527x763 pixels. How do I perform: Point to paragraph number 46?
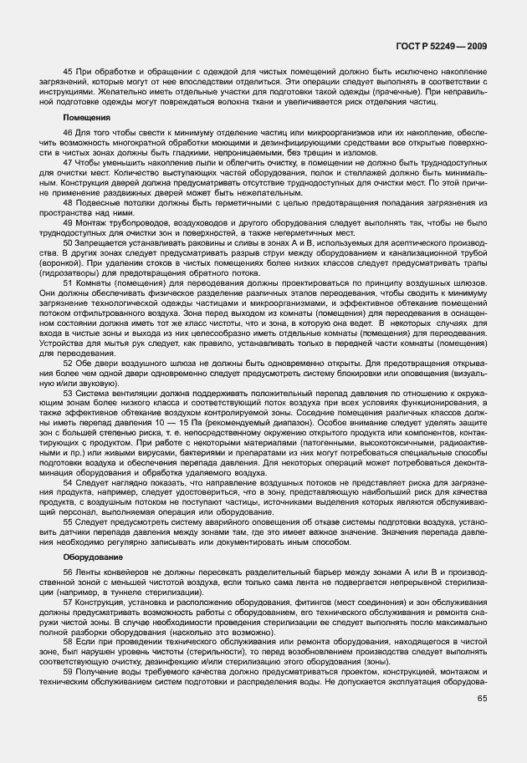point(68,134)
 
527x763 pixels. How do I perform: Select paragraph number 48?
point(68,201)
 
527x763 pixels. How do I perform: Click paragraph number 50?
point(68,241)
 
